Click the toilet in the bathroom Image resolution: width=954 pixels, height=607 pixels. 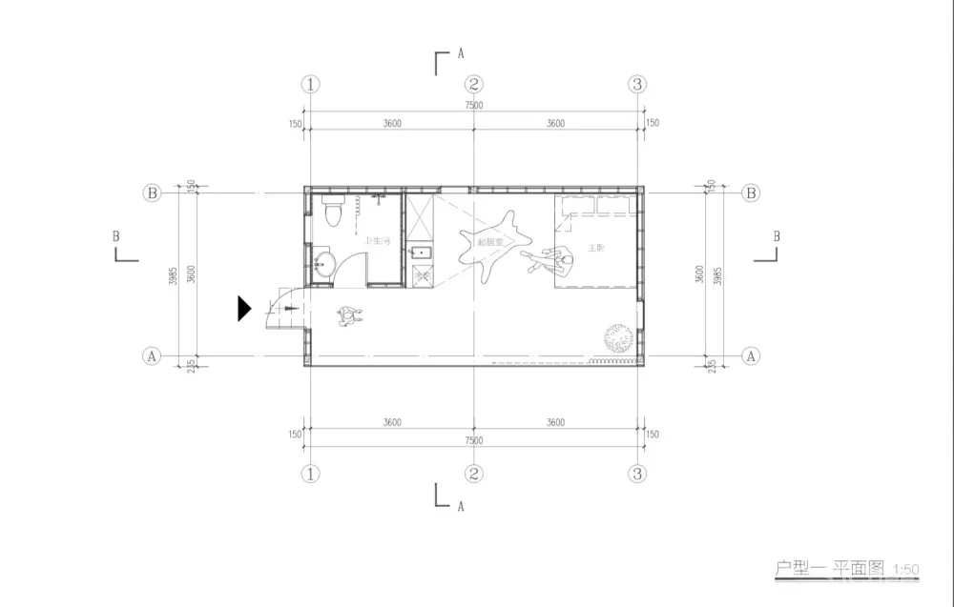[332, 212]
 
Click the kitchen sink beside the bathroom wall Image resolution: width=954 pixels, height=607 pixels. [421, 253]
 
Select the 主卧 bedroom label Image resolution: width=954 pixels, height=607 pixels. [596, 248]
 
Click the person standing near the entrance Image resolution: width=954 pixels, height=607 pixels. [348, 315]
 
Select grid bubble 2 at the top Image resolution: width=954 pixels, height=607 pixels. [474, 84]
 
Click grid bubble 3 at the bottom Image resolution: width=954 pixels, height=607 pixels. [638, 473]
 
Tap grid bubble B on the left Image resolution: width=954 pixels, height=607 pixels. [151, 192]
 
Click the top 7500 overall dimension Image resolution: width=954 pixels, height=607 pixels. [474, 106]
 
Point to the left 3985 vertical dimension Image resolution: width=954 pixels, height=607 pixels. [173, 275]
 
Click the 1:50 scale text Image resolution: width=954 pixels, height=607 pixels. [905, 570]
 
